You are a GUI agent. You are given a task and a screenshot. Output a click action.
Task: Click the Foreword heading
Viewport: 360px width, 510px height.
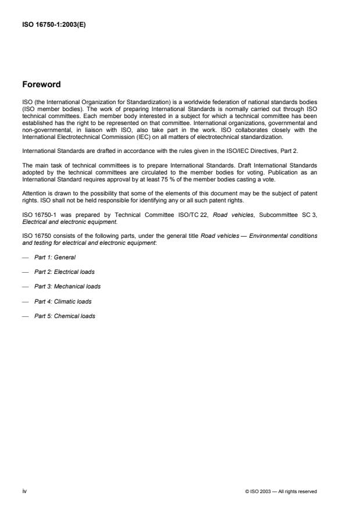point(41,85)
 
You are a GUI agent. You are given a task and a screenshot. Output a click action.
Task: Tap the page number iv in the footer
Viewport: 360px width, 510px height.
point(24,491)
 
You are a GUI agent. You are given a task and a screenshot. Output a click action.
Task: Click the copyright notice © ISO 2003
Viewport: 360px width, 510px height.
point(281,492)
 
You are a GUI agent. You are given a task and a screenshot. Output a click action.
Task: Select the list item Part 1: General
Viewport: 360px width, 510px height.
point(55,256)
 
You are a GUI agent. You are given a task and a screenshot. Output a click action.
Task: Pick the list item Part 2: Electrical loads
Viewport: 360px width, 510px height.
point(64,272)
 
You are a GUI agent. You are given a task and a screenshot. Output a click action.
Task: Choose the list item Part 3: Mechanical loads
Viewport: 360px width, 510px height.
point(67,287)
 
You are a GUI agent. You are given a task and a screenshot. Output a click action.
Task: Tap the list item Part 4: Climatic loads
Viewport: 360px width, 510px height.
point(62,301)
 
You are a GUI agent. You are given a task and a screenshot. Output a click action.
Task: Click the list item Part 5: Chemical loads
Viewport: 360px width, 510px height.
point(65,316)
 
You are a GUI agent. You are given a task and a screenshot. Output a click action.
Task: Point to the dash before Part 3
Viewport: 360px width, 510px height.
point(24,287)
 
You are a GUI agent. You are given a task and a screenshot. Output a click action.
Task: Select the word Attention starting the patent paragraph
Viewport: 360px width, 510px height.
point(32,191)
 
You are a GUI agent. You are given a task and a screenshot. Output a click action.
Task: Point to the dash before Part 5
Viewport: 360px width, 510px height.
point(24,316)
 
